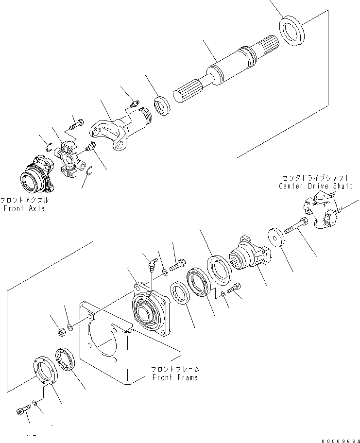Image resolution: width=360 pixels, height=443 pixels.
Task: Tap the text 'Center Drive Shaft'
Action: (314, 186)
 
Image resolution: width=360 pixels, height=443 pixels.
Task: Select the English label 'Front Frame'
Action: (175, 377)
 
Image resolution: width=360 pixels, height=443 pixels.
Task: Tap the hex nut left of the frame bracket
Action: (62, 332)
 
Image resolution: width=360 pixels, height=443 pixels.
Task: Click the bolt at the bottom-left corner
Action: (21, 411)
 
